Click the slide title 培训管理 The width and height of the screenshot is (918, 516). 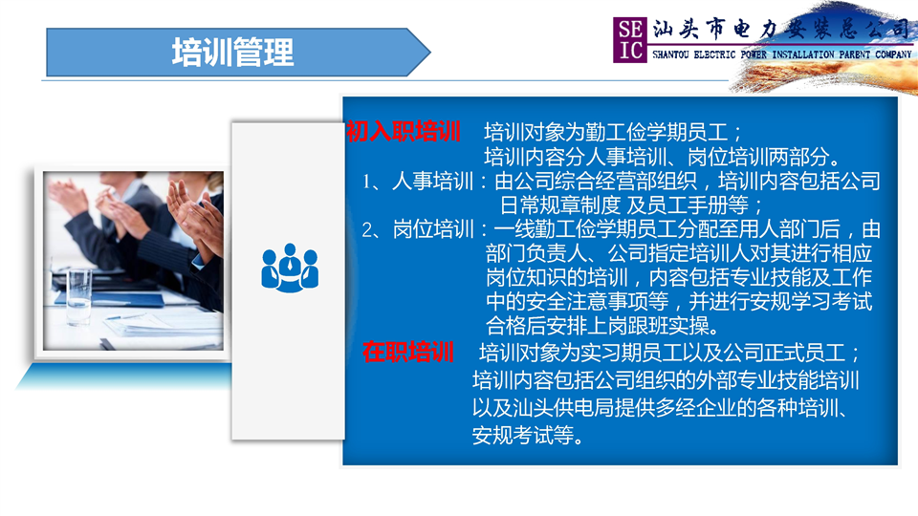point(233,53)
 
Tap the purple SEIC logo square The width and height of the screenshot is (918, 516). point(630,40)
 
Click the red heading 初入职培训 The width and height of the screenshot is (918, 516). point(404,132)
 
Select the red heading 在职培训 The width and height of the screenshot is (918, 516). point(408,353)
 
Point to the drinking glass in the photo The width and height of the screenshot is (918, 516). point(78,296)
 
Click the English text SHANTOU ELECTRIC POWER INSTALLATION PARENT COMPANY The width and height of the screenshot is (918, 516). point(782,54)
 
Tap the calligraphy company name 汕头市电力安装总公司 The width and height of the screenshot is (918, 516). point(781,30)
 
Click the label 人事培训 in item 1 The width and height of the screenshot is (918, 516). point(432,182)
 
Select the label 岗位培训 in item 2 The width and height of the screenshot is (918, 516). point(433,229)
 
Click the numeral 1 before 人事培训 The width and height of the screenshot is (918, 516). point(367,182)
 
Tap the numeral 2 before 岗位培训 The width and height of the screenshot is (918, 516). point(367,230)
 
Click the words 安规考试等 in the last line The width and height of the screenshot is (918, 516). point(523,435)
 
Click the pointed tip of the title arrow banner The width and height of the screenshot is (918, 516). point(430,52)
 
